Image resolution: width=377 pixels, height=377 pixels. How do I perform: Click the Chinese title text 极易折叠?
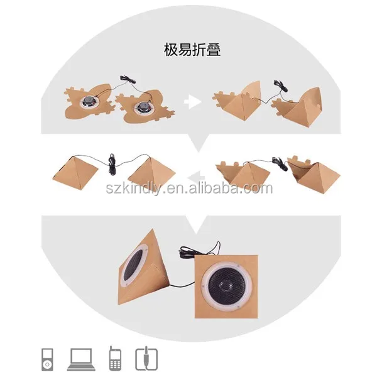tap(188, 50)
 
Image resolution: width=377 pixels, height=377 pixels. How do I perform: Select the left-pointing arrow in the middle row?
tap(195, 177)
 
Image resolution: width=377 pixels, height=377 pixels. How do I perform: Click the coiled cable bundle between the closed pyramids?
tap(112, 165)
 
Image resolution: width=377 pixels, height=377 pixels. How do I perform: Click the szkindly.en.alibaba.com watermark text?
tap(188, 188)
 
